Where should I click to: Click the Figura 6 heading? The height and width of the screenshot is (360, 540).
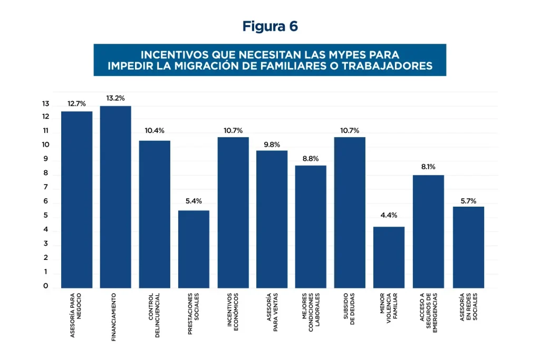point(270,26)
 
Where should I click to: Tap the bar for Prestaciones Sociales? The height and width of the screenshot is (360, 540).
point(194,249)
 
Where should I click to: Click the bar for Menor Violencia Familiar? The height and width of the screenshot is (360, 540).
point(389,257)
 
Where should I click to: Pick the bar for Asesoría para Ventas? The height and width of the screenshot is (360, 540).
point(272,219)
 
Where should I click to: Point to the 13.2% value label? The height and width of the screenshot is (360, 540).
point(115,98)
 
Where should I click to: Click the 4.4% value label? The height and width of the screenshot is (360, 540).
point(389,215)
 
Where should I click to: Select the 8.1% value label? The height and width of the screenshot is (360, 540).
point(428,167)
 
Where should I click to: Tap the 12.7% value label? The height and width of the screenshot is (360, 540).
point(76,103)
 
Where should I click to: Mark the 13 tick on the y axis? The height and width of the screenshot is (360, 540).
point(46,104)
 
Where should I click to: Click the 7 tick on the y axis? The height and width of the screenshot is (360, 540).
point(46,188)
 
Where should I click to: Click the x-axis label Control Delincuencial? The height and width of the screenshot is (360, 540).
point(154,308)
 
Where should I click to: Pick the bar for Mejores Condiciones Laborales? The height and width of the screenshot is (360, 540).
point(311,227)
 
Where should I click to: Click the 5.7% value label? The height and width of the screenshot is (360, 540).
point(468,200)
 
